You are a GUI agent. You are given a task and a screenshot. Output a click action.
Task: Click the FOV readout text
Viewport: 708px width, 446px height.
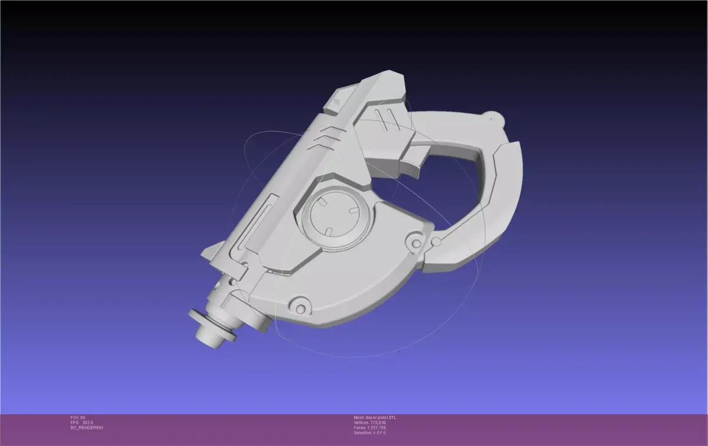[x=78, y=418]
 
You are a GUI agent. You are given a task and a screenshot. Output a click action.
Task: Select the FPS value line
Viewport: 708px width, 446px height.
[x=82, y=422]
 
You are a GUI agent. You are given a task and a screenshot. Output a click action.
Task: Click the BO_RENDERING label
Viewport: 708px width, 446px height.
[x=87, y=428]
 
